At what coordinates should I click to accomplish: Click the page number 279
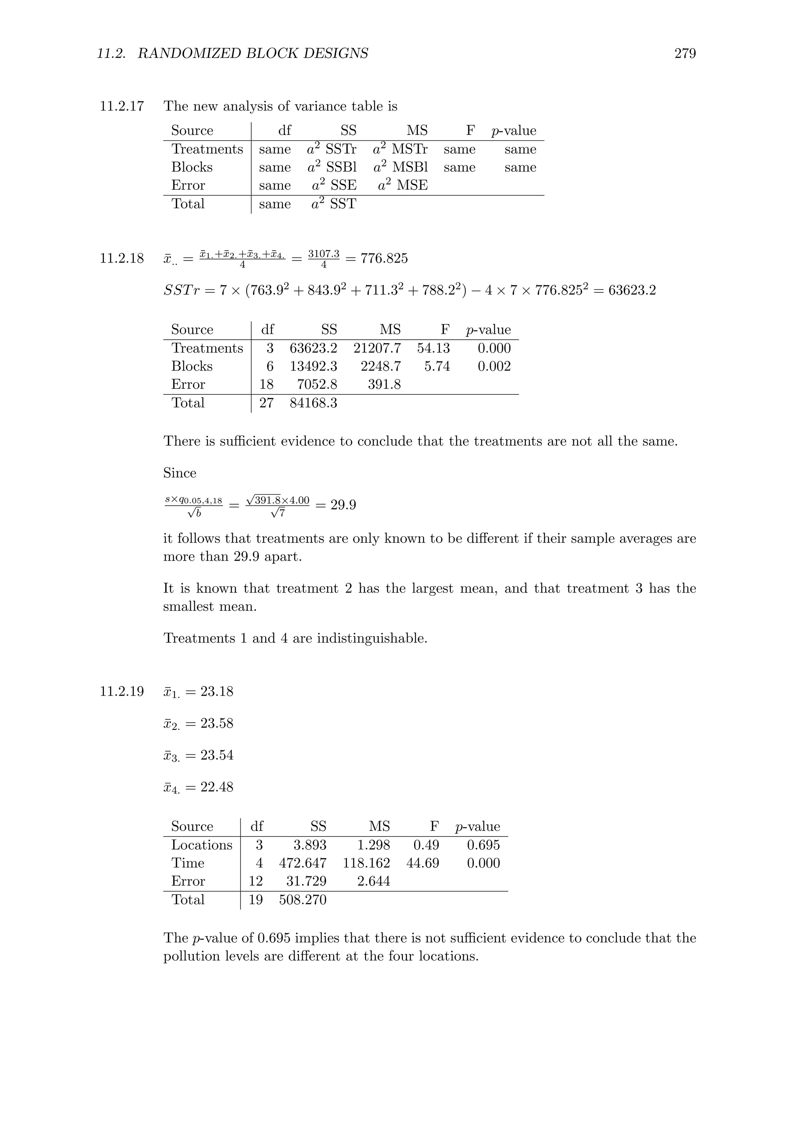[x=685, y=53]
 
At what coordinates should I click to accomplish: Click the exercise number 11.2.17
[x=122, y=106]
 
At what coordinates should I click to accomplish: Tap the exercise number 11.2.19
[x=122, y=692]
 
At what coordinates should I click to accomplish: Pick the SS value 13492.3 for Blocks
[x=313, y=366]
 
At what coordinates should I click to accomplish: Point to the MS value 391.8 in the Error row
[x=384, y=384]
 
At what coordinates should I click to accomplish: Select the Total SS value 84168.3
[x=313, y=403]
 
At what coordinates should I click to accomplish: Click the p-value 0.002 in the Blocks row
[x=494, y=366]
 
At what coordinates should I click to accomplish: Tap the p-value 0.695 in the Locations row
[x=483, y=845]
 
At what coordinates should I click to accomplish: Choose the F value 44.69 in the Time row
[x=423, y=863]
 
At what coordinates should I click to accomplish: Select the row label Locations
[x=202, y=845]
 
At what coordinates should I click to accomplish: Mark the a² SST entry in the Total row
[x=333, y=204]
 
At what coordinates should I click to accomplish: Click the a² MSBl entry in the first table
[x=400, y=167]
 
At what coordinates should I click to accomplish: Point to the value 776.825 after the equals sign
[x=384, y=258]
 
